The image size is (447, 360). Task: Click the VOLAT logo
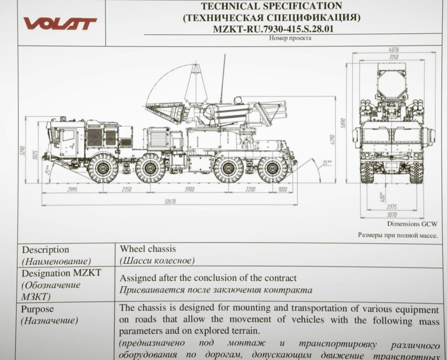tap(60, 23)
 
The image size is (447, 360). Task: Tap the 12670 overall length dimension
tap(170, 202)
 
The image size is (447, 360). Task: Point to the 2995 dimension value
tap(72, 189)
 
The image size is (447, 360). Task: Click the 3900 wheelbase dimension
tap(189, 189)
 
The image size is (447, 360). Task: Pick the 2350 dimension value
tap(127, 189)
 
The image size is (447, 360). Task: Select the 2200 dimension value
tap(250, 189)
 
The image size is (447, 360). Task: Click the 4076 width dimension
tap(393, 50)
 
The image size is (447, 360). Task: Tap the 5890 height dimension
tap(344, 123)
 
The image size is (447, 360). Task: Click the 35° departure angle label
tap(327, 163)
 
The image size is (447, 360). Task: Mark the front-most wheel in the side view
tap(103, 168)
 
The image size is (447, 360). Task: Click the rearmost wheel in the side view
tap(273, 168)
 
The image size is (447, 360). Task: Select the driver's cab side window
tap(68, 135)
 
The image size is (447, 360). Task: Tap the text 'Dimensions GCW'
tap(412, 224)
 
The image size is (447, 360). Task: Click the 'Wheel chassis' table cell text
tap(148, 249)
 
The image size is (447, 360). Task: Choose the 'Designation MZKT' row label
tap(62, 273)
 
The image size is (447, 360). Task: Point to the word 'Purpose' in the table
tap(37, 309)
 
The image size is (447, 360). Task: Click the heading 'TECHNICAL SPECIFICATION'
tap(271, 6)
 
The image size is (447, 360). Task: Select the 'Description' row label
tap(46, 250)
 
